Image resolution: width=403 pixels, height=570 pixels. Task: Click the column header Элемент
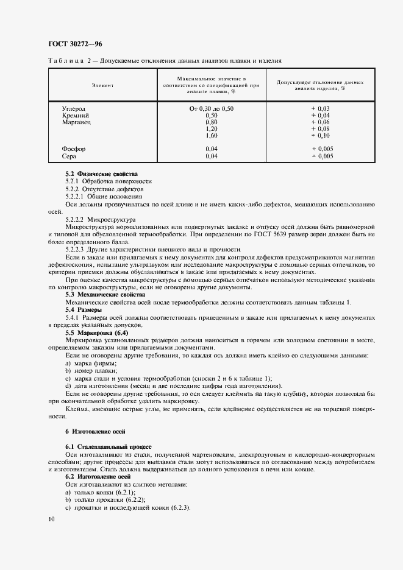102,85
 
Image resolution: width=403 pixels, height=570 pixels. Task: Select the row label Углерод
74,108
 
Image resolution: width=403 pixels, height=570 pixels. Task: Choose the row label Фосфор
74,149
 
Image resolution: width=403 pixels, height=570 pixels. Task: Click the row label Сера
69,156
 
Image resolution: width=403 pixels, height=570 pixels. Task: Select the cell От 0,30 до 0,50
212,108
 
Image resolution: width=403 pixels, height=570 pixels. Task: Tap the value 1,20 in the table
212,128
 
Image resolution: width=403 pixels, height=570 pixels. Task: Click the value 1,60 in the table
212,135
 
